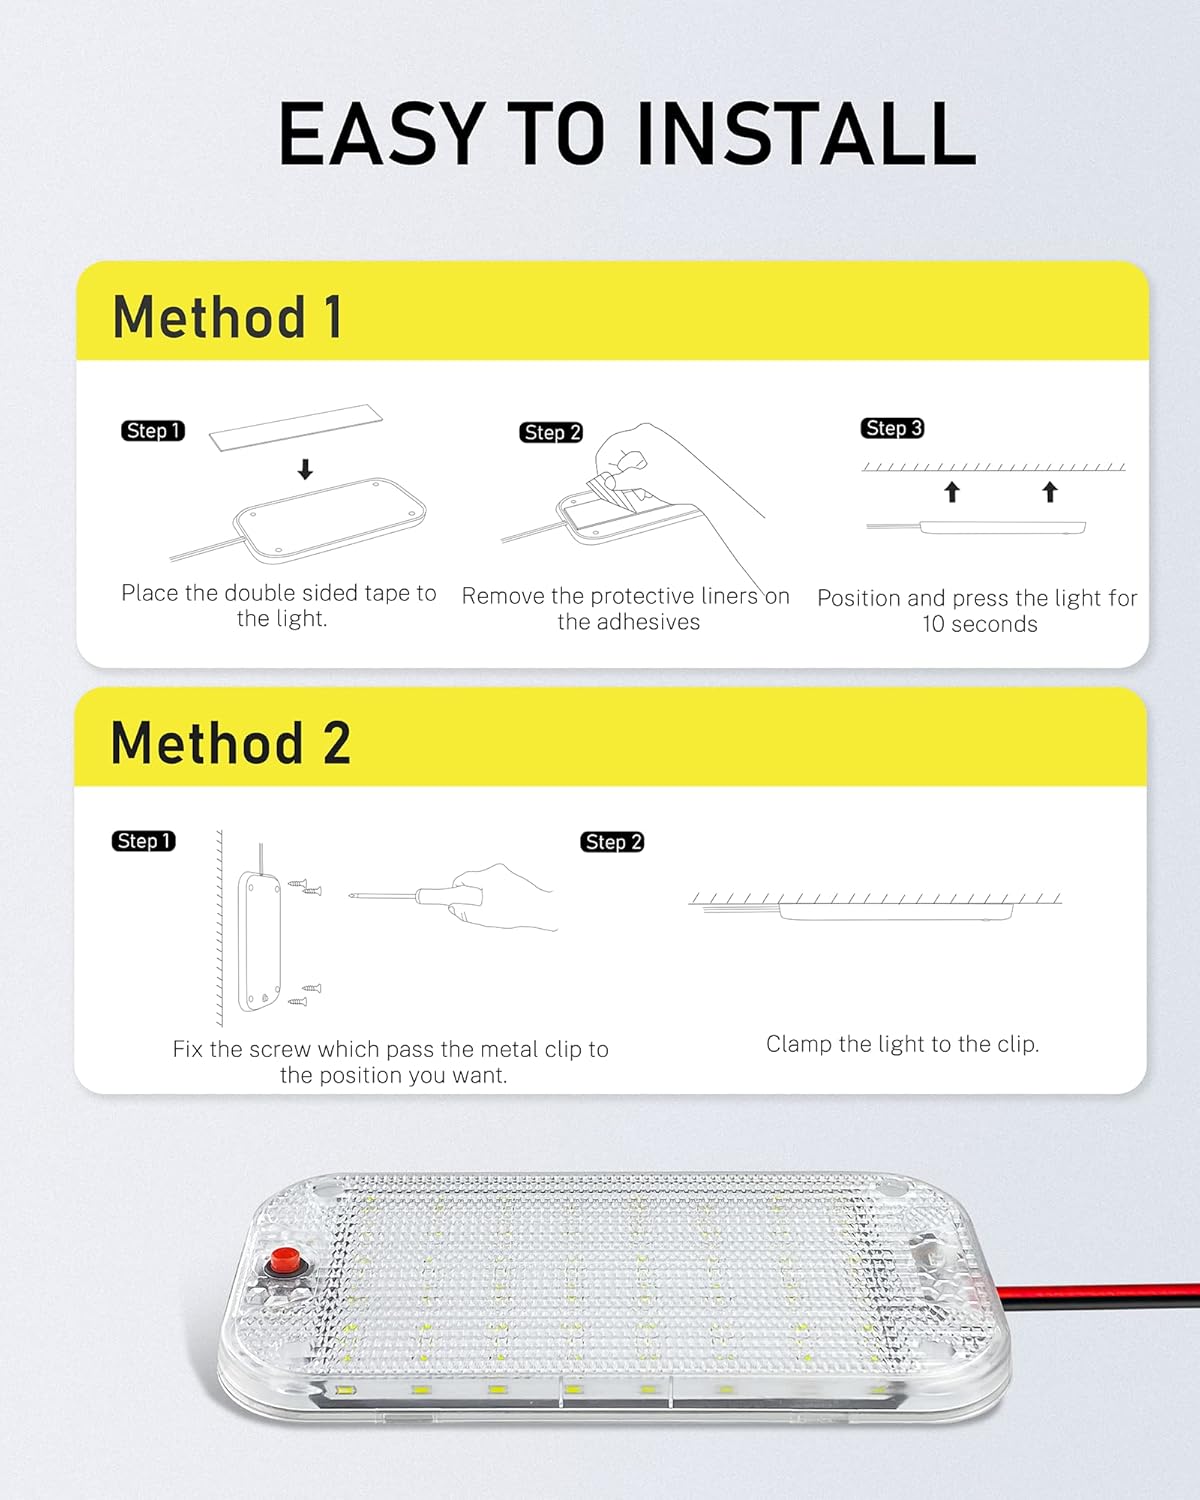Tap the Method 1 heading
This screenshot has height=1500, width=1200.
[228, 317]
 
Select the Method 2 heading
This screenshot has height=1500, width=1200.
[231, 743]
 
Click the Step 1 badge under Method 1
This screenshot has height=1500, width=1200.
[153, 431]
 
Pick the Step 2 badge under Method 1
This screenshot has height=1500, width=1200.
[551, 432]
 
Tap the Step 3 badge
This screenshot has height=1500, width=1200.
[892, 428]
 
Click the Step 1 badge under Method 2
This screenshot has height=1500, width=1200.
[143, 841]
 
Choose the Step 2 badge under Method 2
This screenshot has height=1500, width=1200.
[612, 842]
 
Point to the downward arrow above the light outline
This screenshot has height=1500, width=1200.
[306, 469]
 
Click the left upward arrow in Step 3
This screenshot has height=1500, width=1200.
[952, 491]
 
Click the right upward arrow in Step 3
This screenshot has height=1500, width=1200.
[1049, 491]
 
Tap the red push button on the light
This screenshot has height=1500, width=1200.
[284, 1262]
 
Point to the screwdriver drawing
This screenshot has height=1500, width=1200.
[420, 895]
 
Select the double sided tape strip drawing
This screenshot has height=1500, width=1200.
[296, 426]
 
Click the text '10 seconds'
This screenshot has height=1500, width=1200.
[980, 624]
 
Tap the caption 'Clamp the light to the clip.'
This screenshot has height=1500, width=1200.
[902, 1044]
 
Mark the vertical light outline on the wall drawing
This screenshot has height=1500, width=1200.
[259, 941]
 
